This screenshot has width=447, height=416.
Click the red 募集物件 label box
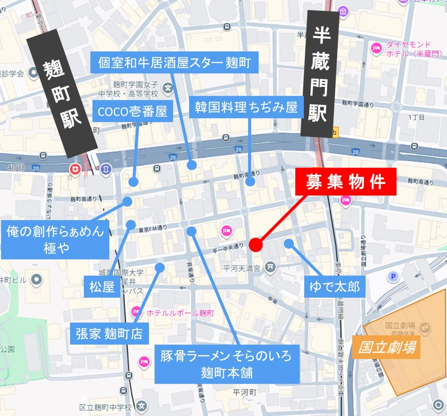(346, 182)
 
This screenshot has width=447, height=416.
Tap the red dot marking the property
(256, 245)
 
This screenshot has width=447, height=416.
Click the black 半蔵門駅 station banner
(319, 74)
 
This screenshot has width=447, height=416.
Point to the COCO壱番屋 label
(132, 111)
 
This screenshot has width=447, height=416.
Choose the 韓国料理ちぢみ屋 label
(246, 107)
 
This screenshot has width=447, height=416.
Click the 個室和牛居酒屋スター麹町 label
(175, 62)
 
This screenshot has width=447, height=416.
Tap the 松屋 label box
(102, 287)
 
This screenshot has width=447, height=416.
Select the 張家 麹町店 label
(109, 334)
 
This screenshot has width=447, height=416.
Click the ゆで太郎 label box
(335, 286)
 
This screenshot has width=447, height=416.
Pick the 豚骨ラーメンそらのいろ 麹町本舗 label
(227, 364)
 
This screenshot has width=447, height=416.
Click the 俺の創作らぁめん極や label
(55, 239)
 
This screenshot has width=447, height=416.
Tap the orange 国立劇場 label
(386, 347)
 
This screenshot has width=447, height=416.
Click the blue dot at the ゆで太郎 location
(289, 244)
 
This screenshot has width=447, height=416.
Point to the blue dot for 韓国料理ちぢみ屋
(250, 181)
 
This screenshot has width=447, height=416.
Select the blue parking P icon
(393, 277)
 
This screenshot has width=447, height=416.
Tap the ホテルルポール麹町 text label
(180, 313)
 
